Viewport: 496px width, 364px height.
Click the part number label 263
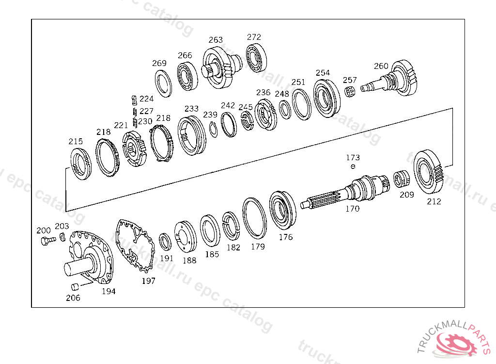[216, 40]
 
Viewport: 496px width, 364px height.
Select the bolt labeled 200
[48, 240]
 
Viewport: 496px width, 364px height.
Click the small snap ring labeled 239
[214, 130]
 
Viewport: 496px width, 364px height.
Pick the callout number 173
[353, 158]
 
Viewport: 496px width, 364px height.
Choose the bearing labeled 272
[256, 58]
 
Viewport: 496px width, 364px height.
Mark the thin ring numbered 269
[163, 83]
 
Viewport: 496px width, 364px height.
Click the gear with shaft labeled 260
[391, 79]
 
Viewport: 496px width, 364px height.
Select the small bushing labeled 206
[75, 287]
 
